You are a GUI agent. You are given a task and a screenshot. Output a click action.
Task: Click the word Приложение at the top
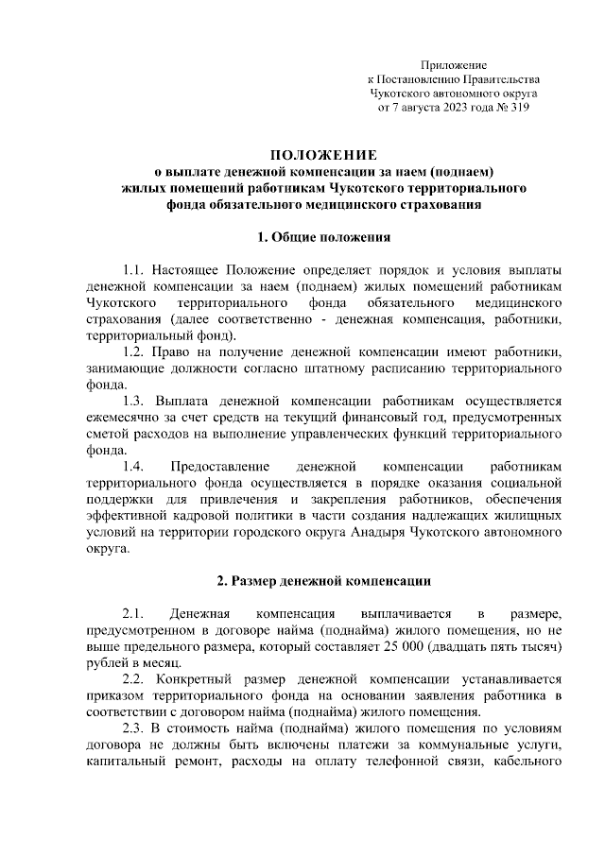pos(454,65)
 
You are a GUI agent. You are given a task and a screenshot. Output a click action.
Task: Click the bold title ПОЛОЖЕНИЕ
pos(323,154)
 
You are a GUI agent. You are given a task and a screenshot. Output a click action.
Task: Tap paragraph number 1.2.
pos(136,352)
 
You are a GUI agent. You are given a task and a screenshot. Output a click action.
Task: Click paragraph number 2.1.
pos(136,611)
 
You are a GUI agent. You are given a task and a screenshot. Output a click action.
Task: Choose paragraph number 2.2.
pos(136,678)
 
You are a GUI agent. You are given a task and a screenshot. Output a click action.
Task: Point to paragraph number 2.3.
pos(136,729)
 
